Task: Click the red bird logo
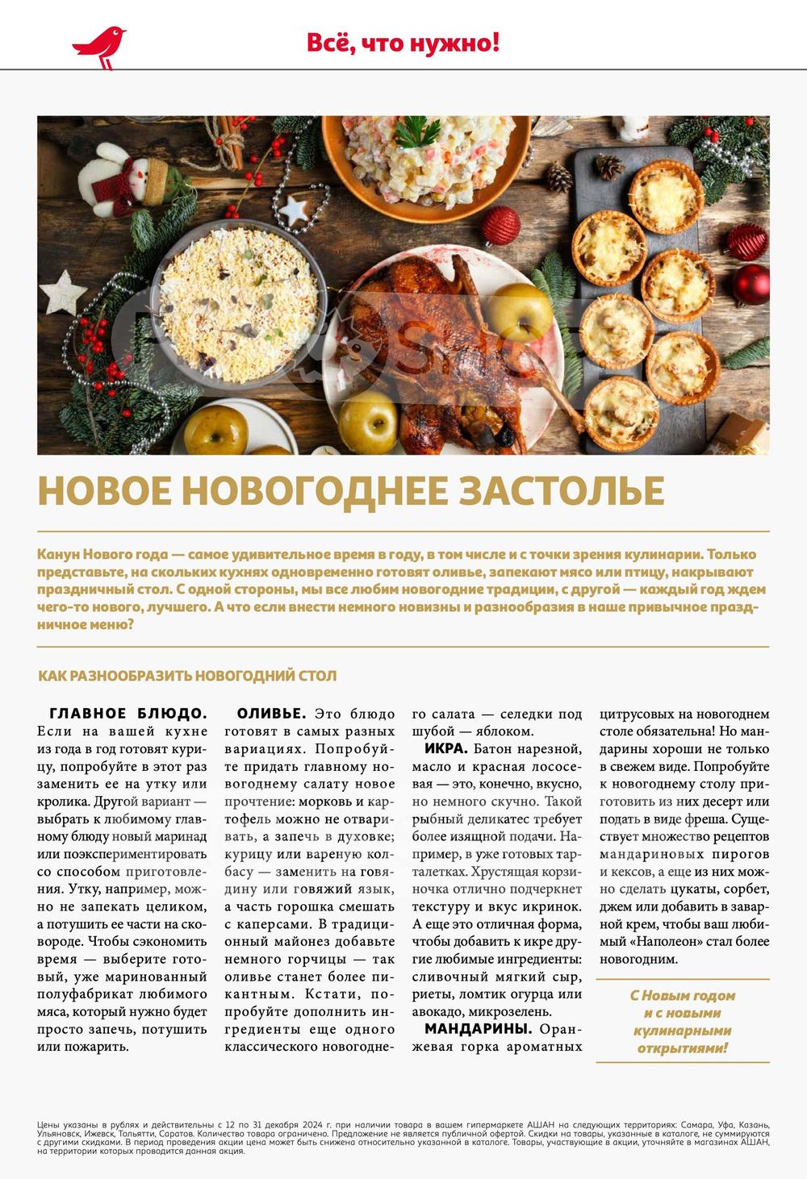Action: tap(99, 47)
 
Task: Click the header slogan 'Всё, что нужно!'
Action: tap(403, 43)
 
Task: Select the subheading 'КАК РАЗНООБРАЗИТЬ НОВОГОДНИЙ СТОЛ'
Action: tap(187, 676)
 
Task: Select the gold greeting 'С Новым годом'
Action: tap(683, 995)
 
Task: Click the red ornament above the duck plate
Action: tap(501, 225)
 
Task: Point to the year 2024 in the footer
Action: tap(319, 1124)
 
